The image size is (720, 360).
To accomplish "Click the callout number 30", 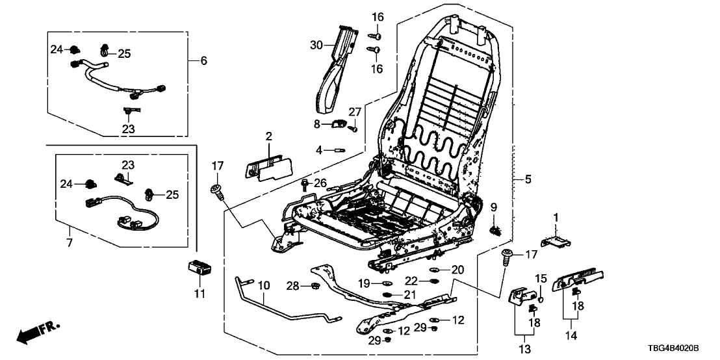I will tap(316, 45).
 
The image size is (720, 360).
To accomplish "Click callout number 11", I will tap(199, 294).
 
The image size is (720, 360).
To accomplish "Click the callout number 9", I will tap(493, 207).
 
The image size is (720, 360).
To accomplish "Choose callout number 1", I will tap(556, 216).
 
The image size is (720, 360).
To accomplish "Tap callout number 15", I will tap(541, 279).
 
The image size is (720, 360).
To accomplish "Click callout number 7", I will tap(70, 242).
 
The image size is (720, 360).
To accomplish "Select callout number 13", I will tap(524, 350).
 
